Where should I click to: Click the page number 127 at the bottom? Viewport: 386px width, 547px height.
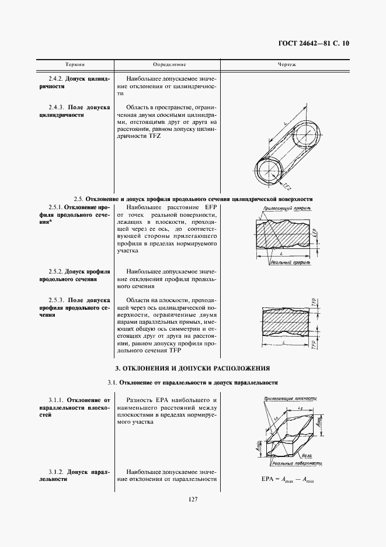(192, 500)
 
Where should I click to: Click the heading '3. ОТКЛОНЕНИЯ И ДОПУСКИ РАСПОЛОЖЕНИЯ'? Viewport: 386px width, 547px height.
(192, 368)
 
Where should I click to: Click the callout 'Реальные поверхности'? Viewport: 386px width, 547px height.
(297, 462)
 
